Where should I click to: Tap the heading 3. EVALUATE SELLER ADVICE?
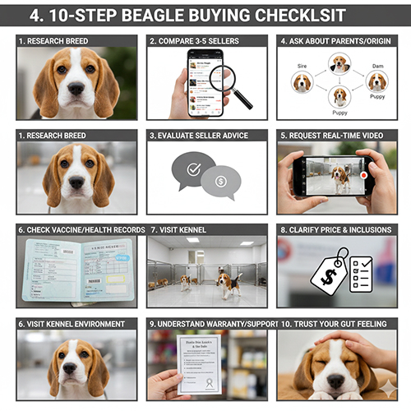click(x=206, y=134)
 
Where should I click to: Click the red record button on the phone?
click(x=363, y=175)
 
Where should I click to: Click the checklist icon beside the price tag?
click(x=361, y=274)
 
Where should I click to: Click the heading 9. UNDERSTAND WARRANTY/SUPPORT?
click(x=206, y=324)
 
